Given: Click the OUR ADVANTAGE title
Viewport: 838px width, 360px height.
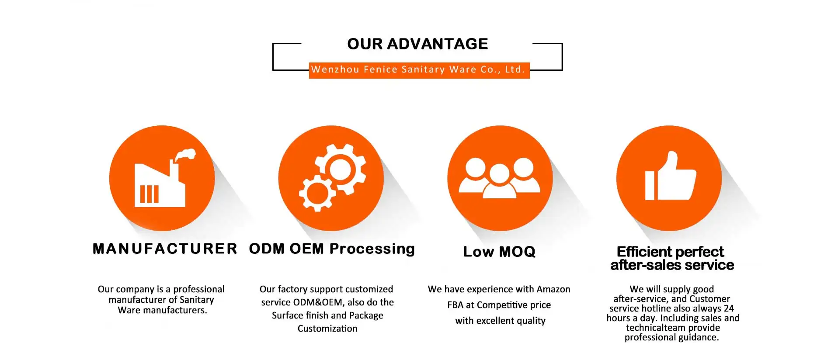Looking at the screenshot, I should click(x=417, y=44).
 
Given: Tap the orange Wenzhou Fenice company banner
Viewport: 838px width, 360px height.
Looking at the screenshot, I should click(x=419, y=70).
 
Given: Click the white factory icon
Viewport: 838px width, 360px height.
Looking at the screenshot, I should click(x=160, y=186).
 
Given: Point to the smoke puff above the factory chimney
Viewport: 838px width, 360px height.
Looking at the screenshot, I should click(x=186, y=155).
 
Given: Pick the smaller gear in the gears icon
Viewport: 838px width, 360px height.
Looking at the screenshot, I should click(x=317, y=193).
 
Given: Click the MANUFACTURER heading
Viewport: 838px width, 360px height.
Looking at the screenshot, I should click(x=165, y=249).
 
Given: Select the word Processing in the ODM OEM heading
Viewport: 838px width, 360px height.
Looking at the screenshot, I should click(x=372, y=249).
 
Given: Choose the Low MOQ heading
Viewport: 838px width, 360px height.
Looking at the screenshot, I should click(x=499, y=252).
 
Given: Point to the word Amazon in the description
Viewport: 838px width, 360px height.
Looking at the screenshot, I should click(x=553, y=289).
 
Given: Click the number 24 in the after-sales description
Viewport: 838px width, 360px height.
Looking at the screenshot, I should click(x=729, y=308).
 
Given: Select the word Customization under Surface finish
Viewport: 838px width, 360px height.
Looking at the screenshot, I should click(x=327, y=329).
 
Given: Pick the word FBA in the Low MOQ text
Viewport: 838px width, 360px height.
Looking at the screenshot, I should click(x=455, y=305).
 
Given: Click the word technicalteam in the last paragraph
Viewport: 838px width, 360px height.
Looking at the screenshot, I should click(x=651, y=328).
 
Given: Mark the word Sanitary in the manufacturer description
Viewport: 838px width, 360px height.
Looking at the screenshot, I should click(x=197, y=300).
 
